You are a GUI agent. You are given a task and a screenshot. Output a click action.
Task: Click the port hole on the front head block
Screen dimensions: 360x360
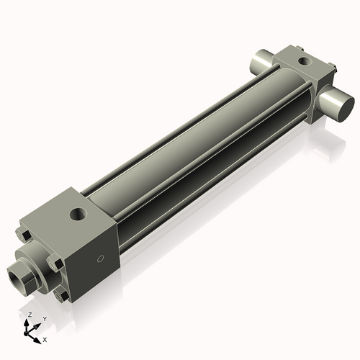(76, 214)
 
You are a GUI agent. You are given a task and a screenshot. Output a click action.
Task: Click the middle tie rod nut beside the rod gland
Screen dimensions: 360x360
(55, 264)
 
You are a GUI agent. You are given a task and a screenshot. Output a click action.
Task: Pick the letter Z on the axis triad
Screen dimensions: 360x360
(29, 315)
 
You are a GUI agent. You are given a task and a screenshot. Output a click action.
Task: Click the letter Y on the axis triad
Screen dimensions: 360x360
(45, 318)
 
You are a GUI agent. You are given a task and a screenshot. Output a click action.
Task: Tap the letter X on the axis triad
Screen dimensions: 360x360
(45, 338)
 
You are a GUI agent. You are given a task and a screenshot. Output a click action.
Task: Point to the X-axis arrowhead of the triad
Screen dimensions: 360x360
(38, 336)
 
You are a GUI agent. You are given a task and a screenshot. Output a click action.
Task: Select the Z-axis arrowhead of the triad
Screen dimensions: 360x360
(28, 321)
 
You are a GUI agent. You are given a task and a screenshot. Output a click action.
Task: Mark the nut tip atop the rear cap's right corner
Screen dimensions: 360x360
(333, 67)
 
